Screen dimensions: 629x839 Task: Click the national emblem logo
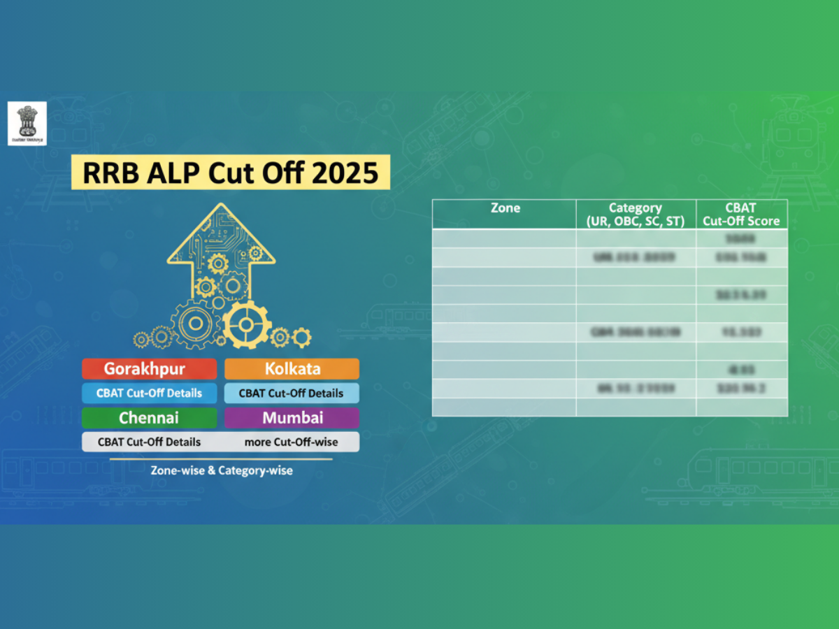[x=27, y=123]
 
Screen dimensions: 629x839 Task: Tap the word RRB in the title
[x=106, y=173]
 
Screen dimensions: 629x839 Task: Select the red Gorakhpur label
[x=149, y=368]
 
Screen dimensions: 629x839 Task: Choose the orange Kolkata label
[x=292, y=368]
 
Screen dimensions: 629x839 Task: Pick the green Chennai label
[x=149, y=418]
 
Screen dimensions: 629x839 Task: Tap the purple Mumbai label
[x=292, y=418]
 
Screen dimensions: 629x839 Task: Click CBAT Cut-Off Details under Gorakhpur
[x=149, y=393]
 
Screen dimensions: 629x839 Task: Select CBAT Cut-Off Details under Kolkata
[x=292, y=393]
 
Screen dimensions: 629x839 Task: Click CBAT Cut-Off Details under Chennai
[x=149, y=442]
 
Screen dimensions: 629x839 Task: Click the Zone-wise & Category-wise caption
[x=222, y=470]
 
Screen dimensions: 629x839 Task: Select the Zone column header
[x=505, y=208]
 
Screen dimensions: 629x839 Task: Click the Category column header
[x=636, y=214]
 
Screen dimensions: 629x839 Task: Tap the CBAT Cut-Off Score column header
[x=741, y=214]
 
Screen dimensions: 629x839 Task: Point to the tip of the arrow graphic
[x=222, y=205]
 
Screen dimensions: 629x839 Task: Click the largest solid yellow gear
[x=247, y=324]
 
